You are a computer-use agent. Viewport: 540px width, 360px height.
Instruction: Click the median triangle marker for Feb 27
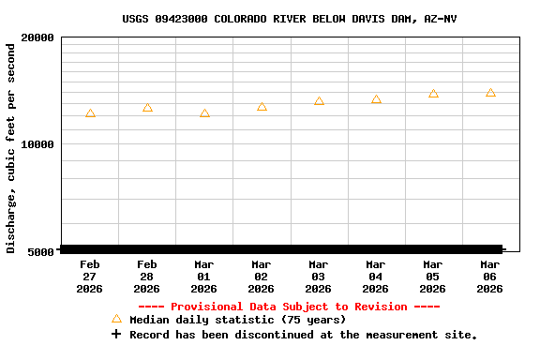click(90, 113)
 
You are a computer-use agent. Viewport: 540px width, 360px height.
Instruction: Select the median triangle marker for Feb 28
click(147, 108)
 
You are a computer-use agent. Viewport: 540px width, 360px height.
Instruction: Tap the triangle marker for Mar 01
click(204, 113)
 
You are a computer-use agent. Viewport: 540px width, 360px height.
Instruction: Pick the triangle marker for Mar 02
click(262, 107)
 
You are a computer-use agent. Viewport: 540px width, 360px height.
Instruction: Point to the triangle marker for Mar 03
click(319, 101)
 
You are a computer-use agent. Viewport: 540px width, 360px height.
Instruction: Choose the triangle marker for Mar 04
click(376, 99)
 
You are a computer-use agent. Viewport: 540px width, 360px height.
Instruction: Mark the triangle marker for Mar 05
click(433, 94)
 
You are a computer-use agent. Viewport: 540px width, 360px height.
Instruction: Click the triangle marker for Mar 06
click(490, 93)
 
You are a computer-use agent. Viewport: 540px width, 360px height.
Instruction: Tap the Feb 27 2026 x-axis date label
click(90, 277)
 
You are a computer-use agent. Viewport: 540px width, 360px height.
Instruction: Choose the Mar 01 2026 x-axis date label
click(204, 277)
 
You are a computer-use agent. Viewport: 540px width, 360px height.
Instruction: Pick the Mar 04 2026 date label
click(376, 277)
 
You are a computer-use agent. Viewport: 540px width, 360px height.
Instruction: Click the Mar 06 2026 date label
click(490, 277)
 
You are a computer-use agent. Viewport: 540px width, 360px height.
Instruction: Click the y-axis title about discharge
click(11, 148)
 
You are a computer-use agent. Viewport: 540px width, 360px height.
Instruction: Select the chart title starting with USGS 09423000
click(290, 19)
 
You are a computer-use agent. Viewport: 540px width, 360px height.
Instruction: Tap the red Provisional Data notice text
click(289, 307)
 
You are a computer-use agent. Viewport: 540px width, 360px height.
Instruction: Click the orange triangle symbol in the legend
click(116, 320)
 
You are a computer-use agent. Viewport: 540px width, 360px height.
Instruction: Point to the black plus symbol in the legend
click(116, 334)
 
